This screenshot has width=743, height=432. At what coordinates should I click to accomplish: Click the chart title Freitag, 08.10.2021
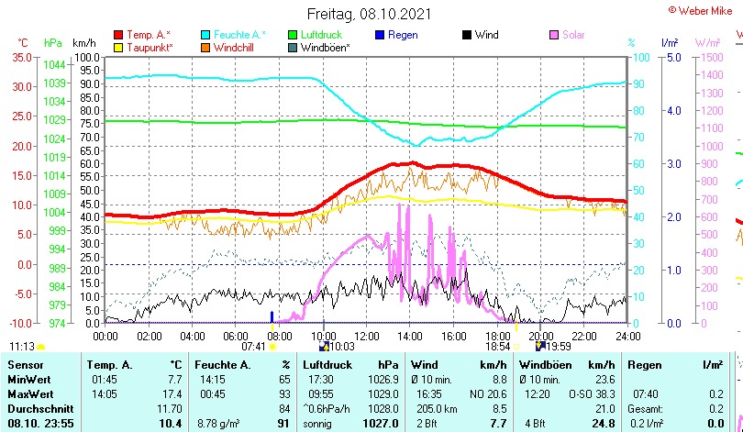pos(369,15)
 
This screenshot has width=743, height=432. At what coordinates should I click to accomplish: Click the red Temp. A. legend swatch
pos(118,35)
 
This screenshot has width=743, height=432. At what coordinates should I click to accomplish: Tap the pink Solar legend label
pos(573,35)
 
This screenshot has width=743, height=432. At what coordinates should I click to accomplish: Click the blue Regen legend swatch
pos(379,35)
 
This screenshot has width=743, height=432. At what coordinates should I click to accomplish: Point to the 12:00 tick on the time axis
pos(366,337)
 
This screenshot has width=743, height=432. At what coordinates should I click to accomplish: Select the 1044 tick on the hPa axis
pos(54,65)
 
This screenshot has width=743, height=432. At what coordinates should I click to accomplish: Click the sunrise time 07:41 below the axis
pos(253,346)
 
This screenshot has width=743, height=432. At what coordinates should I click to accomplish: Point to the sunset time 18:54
pos(497,346)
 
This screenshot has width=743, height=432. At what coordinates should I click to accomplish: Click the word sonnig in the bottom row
pos(319,423)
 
